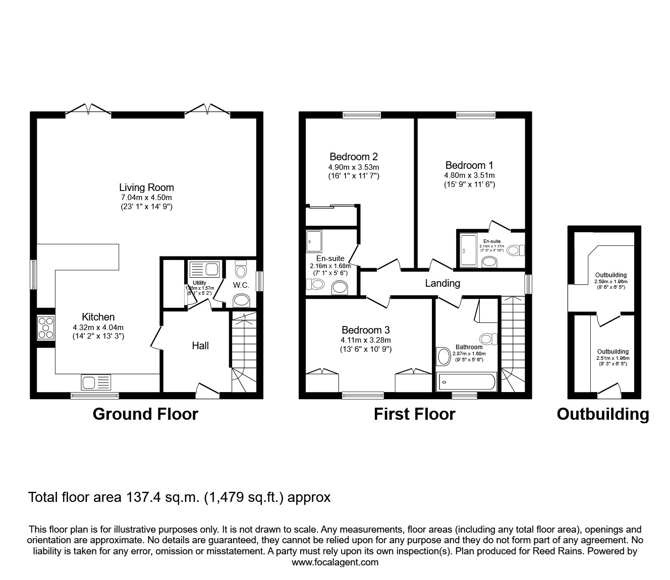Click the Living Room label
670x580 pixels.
click(x=146, y=187)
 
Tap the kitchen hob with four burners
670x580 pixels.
click(x=46, y=327)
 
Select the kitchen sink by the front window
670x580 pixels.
click(x=96, y=382)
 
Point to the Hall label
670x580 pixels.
click(x=200, y=346)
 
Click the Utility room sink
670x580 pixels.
click(x=204, y=270)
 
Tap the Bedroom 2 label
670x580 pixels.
click(x=353, y=157)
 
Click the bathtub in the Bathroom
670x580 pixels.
click(x=466, y=382)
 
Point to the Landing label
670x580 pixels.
click(x=442, y=283)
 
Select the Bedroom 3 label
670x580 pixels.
click(x=365, y=330)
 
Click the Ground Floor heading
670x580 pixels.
click(x=145, y=414)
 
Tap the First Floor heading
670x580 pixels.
click(x=414, y=414)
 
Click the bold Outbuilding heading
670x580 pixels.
click(x=602, y=414)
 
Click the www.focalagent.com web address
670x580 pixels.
click(x=335, y=562)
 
